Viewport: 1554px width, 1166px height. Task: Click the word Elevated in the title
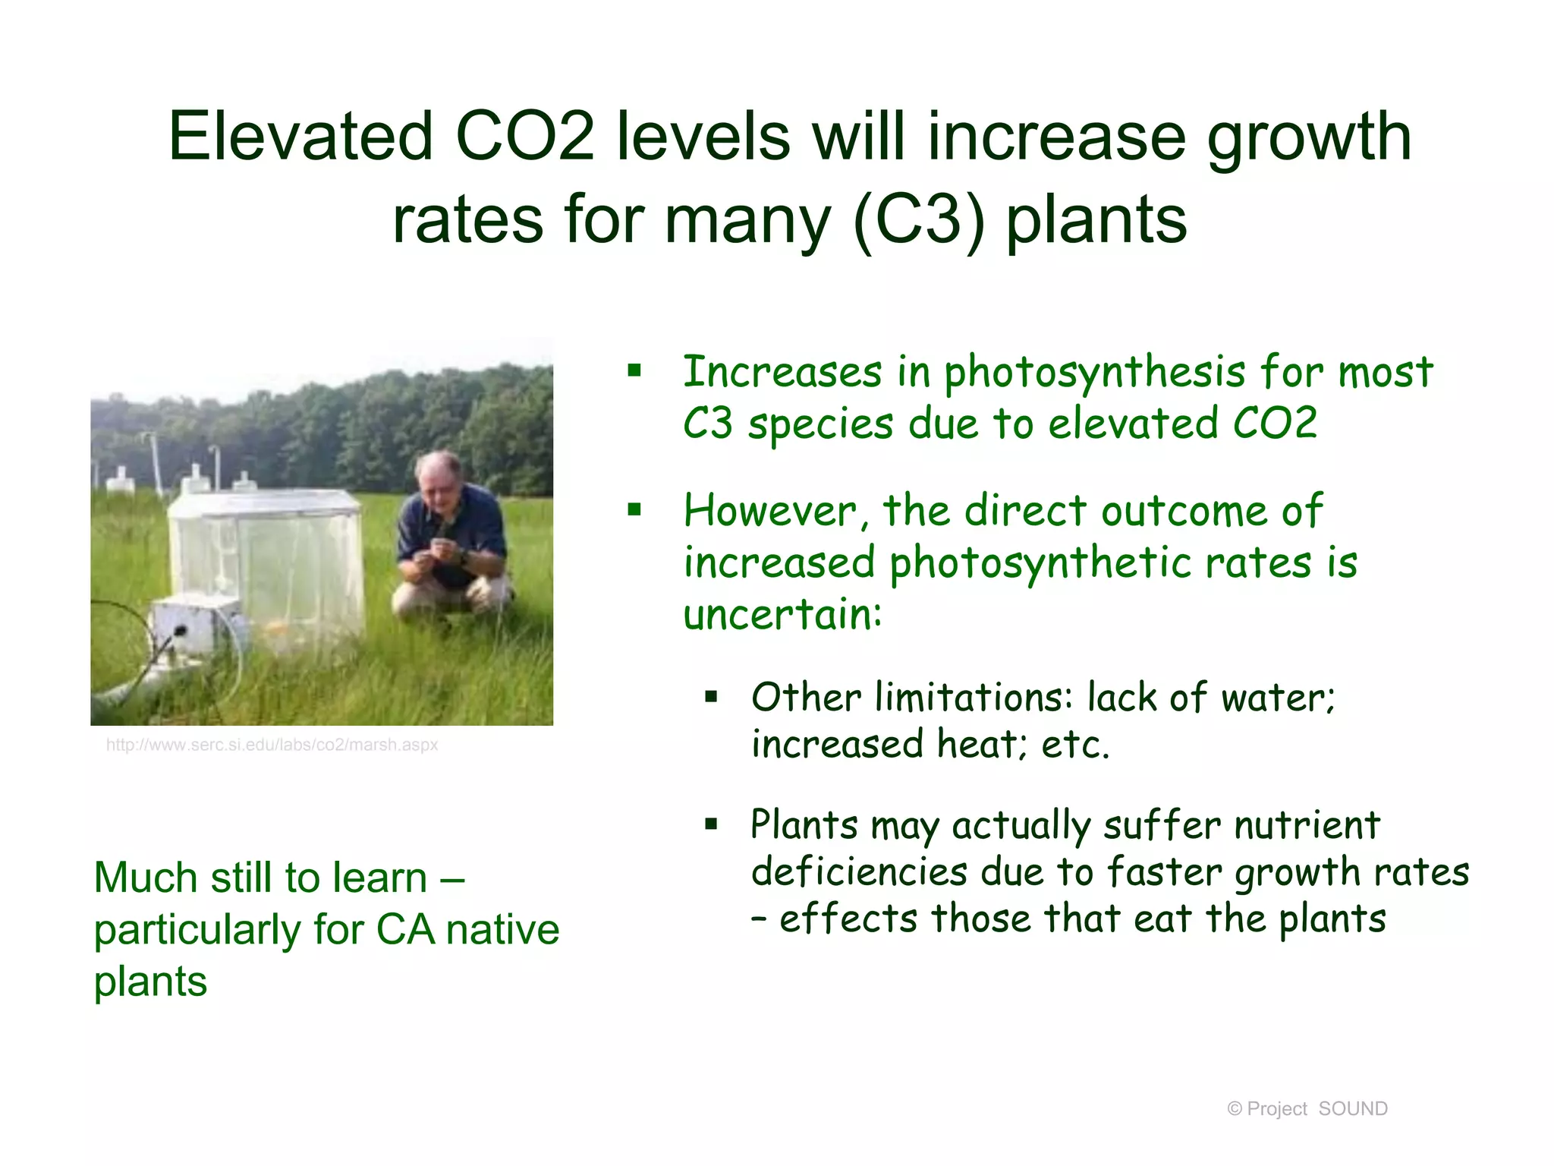click(x=300, y=137)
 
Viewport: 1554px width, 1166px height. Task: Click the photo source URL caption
click(x=272, y=745)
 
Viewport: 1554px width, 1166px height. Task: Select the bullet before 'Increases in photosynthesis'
click(x=634, y=372)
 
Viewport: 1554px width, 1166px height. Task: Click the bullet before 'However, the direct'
click(x=634, y=510)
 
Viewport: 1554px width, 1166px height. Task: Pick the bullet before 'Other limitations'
click(x=710, y=697)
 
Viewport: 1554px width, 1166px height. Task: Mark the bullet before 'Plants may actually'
click(x=710, y=824)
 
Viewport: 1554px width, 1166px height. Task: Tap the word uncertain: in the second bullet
click(x=782, y=615)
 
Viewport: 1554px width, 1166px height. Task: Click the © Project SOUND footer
click(x=1307, y=1109)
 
